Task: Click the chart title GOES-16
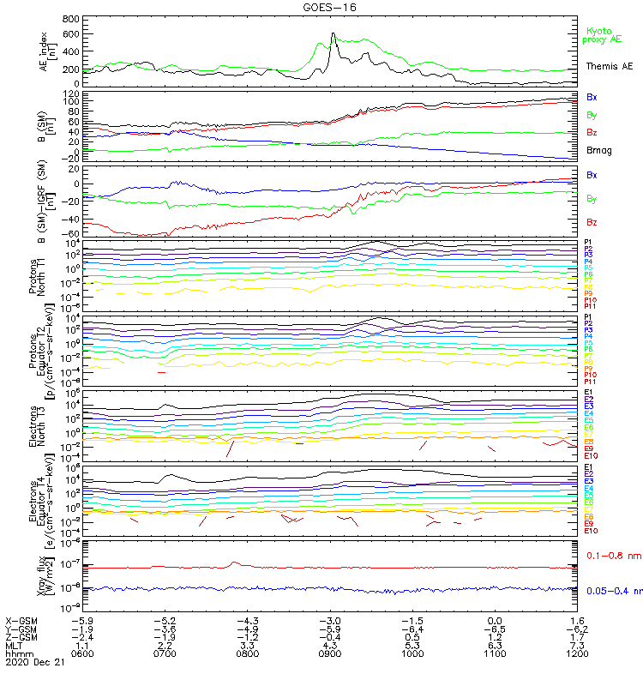coord(331,7)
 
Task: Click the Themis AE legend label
coord(610,66)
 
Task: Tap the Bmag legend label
coord(598,150)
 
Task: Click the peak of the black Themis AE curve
coord(333,34)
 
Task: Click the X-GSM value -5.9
coord(81,619)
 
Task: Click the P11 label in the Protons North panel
coord(589,306)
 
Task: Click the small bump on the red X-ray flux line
coord(236,563)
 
